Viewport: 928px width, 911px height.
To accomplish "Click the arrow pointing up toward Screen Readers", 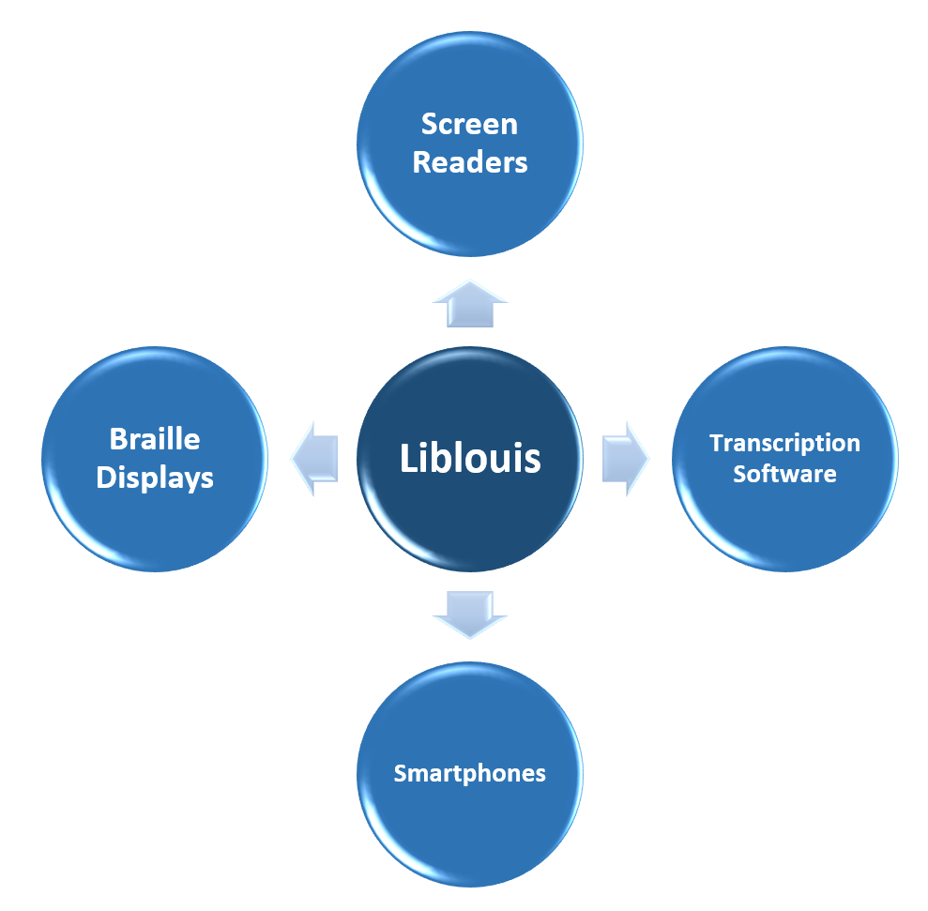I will pyautogui.click(x=470, y=303).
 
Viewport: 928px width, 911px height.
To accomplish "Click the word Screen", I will pyautogui.click(x=470, y=124).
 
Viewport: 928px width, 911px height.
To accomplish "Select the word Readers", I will pyautogui.click(x=470, y=162).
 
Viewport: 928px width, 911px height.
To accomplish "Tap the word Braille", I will pyautogui.click(x=155, y=439).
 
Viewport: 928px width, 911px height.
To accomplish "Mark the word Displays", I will pyautogui.click(x=155, y=478).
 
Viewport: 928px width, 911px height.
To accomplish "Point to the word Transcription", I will pyautogui.click(x=784, y=443).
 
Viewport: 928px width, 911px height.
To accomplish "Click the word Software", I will pyautogui.click(x=784, y=473).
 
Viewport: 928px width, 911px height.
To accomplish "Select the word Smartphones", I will pyautogui.click(x=470, y=774).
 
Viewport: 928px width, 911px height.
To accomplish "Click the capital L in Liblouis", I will pyautogui.click(x=408, y=459).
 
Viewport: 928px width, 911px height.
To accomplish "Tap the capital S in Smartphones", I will pyautogui.click(x=400, y=774).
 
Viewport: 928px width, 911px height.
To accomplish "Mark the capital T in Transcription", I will pyautogui.click(x=715, y=442).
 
